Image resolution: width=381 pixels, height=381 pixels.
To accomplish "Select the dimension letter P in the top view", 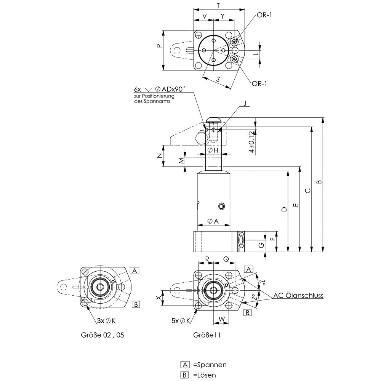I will (159, 45).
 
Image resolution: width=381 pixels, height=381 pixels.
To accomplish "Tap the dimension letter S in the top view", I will (218, 79).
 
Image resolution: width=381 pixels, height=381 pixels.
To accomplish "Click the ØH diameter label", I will (213, 150).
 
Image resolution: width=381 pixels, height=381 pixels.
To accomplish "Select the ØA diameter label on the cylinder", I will (213, 222).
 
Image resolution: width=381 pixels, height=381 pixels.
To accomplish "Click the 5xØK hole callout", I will (181, 321).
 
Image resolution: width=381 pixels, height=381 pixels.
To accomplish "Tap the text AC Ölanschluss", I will (298, 295).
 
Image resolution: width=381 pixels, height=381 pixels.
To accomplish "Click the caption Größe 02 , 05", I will (102, 335).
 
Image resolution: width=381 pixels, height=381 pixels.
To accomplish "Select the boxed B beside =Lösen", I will (186, 375).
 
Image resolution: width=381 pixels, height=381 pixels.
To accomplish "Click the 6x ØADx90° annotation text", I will (160, 89).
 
